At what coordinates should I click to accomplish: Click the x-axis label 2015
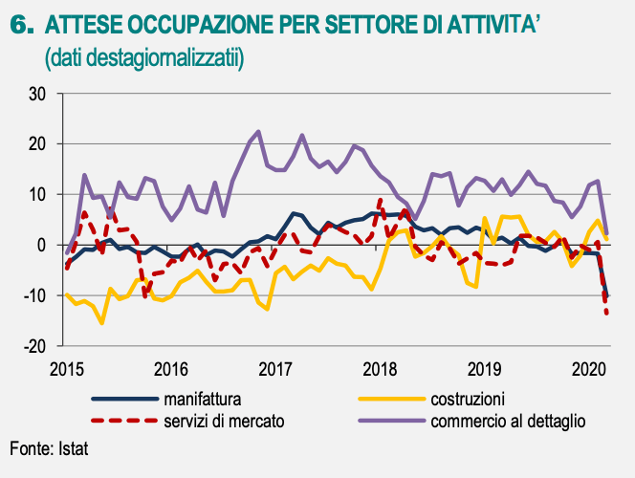click(x=65, y=368)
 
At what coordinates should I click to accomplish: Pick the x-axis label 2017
click(x=275, y=368)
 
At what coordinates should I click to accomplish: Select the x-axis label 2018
click(x=381, y=368)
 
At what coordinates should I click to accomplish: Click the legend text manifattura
click(x=202, y=399)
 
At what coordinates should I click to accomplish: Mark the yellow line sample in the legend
click(x=391, y=399)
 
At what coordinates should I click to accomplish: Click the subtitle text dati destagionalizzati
click(x=144, y=58)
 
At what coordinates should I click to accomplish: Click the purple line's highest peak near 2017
click(x=258, y=132)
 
